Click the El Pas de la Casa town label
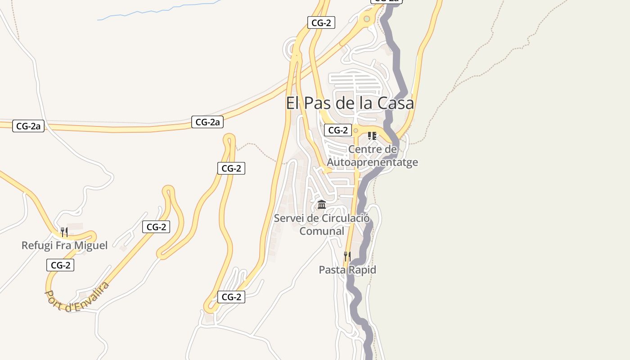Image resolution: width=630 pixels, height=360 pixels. tap(350, 103)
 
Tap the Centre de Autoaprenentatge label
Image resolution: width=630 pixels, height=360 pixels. tap(373, 156)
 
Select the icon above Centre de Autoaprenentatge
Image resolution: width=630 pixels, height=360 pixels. tap(372, 135)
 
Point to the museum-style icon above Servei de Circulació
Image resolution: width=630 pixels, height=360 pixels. tap(322, 205)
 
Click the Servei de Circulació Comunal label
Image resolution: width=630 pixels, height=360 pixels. tap(322, 225)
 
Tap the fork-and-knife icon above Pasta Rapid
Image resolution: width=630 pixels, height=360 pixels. tap(347, 256)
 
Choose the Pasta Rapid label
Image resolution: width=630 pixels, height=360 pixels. tap(347, 270)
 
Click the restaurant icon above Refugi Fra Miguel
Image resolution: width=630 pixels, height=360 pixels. tap(64, 232)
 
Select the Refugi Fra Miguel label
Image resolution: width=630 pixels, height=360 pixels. tap(65, 246)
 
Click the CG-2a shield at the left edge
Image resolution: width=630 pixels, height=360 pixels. tap(28, 126)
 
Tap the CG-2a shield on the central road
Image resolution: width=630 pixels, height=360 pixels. tap(207, 121)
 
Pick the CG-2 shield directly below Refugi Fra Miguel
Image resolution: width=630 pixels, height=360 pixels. tap(60, 265)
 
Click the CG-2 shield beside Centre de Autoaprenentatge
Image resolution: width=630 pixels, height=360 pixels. tap(338, 130)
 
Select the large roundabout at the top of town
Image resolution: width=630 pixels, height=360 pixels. tap(367, 19)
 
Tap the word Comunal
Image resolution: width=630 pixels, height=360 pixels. tap(322, 231)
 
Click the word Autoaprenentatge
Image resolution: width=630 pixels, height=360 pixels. tap(373, 162)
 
